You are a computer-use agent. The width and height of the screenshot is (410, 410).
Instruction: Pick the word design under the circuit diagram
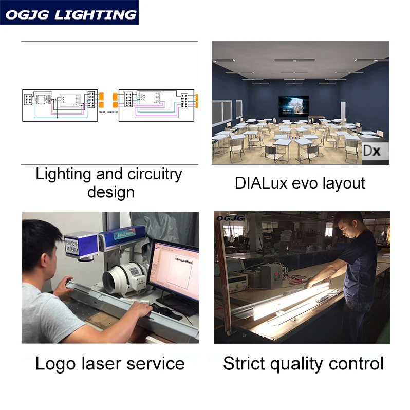pos(110,192)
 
